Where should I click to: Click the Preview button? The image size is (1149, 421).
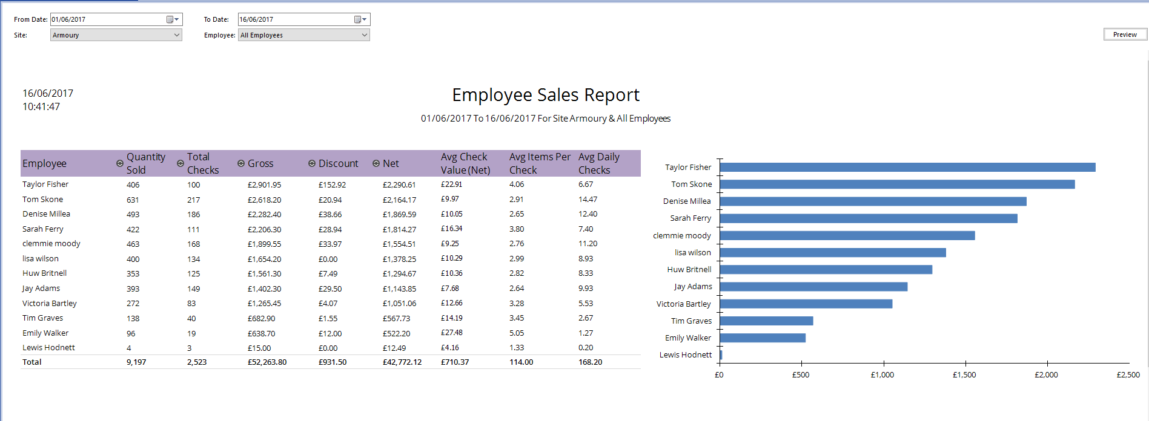pyautogui.click(x=1125, y=34)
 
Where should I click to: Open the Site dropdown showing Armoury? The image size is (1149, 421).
pyautogui.click(x=116, y=35)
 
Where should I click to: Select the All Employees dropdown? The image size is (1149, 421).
pyautogui.click(x=303, y=35)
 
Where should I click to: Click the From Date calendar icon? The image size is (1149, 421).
pyautogui.click(x=170, y=19)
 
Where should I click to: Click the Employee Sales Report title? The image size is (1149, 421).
pyautogui.click(x=545, y=95)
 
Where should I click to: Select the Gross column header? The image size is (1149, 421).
pyautogui.click(x=260, y=163)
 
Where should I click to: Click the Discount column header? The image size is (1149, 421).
pyautogui.click(x=338, y=163)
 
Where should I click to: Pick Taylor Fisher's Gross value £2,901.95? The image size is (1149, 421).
pyautogui.click(x=264, y=184)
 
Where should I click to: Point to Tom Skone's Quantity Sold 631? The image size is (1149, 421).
pyautogui.click(x=133, y=200)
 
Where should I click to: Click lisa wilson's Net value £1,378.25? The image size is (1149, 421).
pyautogui.click(x=399, y=259)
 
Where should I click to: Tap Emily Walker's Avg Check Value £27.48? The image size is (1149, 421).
pyautogui.click(x=452, y=333)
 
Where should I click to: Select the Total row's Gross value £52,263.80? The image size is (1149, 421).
pyautogui.click(x=267, y=362)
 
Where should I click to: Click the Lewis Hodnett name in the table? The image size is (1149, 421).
pyautogui.click(x=48, y=348)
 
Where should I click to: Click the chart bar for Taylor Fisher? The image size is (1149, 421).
pyautogui.click(x=907, y=167)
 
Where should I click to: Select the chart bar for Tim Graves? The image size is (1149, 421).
pyautogui.click(x=766, y=321)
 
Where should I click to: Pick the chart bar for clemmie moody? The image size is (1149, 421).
pyautogui.click(x=847, y=235)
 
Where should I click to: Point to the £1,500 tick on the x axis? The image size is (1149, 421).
pyautogui.click(x=964, y=375)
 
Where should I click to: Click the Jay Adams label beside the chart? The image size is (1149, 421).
pyautogui.click(x=693, y=287)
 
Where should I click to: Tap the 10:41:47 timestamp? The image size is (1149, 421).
pyautogui.click(x=41, y=107)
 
